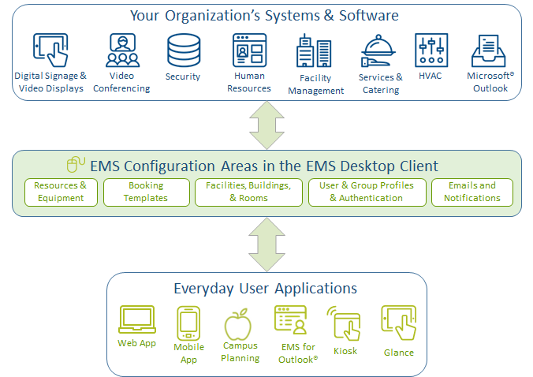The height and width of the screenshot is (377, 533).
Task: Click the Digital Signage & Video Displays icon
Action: coord(50,50)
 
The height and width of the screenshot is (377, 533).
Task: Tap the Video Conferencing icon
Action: coord(123,50)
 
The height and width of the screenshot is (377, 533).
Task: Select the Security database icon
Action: coord(183,50)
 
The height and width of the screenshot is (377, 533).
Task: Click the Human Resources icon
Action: coord(249,50)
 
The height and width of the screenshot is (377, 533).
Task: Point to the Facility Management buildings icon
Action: coord(315,51)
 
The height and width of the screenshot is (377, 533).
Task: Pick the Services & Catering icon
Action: coord(380,52)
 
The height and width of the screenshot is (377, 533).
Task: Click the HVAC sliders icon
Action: coord(431,50)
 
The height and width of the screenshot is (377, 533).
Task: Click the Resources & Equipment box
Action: coord(61,192)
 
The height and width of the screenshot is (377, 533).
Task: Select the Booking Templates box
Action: coord(146,192)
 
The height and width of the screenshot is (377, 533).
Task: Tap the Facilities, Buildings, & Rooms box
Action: coord(248,192)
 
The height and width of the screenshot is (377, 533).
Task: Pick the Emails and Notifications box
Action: coord(471,192)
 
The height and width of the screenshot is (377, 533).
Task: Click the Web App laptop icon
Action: coord(136,320)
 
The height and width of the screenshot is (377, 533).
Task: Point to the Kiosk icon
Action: coord(345,323)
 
